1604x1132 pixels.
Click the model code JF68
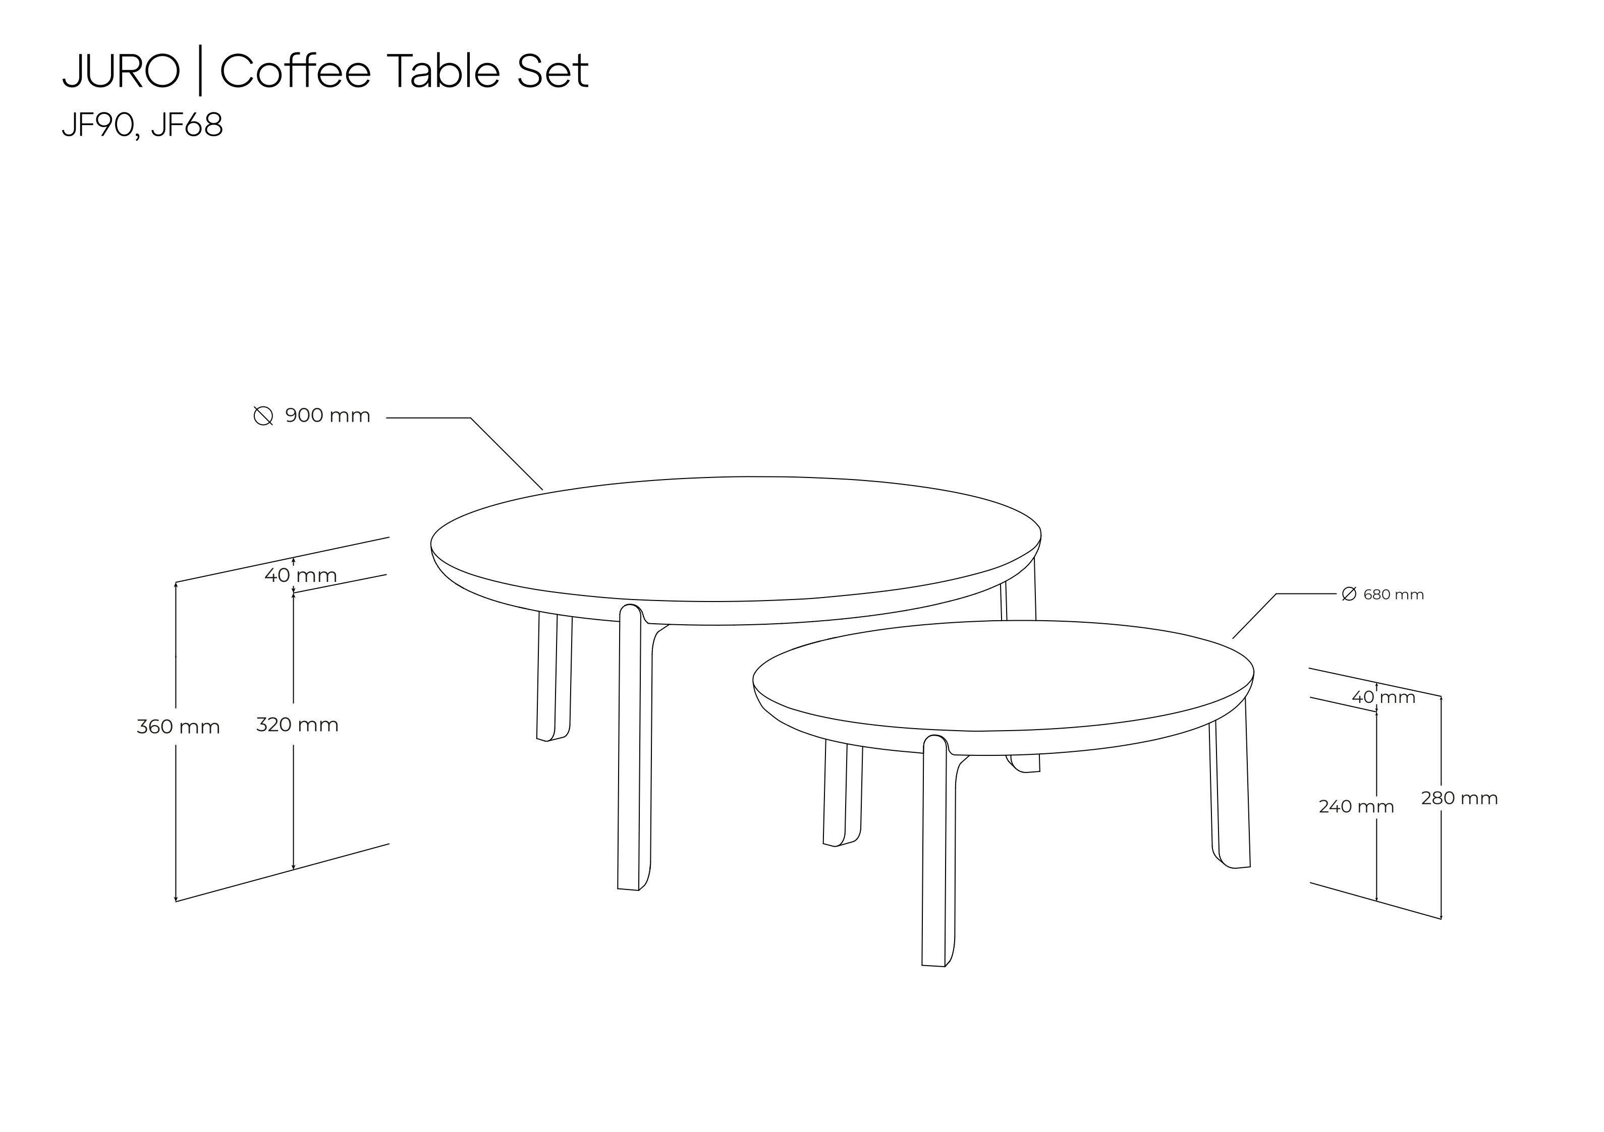187,125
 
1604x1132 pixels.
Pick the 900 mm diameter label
327,415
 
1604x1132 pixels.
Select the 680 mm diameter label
1394,594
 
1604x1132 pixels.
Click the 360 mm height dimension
178,727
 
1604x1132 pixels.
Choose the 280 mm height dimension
1459,798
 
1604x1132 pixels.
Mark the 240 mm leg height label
1356,807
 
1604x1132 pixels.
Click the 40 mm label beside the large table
300,575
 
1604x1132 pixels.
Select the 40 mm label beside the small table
1383,697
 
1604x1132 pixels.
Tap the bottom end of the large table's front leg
628,889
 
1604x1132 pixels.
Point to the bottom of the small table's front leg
933,966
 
